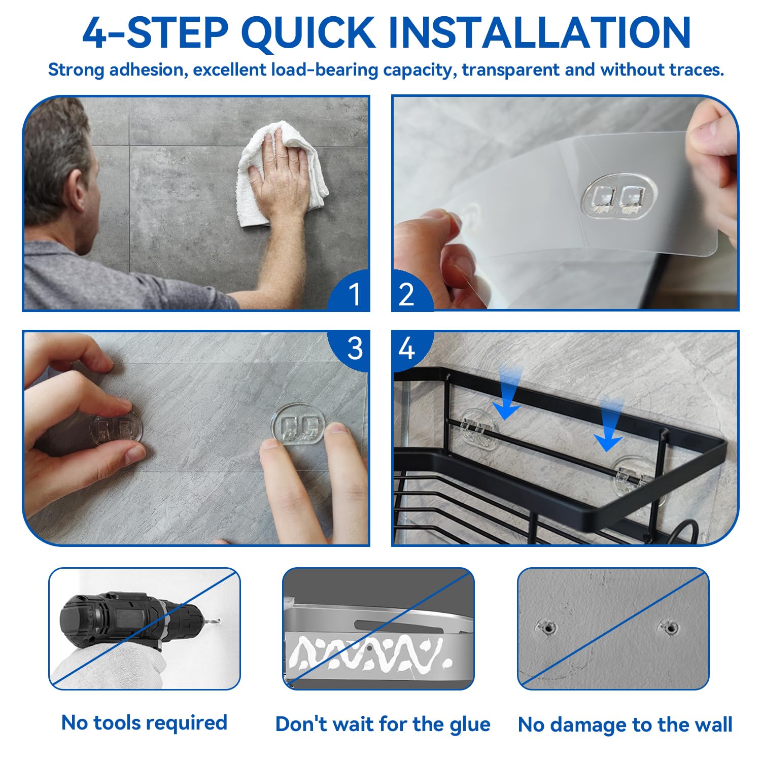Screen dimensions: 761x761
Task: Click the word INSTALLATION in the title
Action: tap(539, 32)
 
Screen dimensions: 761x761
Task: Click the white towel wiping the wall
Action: tap(282, 175)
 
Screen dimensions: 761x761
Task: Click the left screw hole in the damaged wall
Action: tap(547, 628)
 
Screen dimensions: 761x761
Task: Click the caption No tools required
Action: tap(144, 722)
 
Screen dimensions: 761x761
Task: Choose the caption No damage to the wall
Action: tap(625, 724)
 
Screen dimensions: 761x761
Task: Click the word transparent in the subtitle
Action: tap(510, 70)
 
